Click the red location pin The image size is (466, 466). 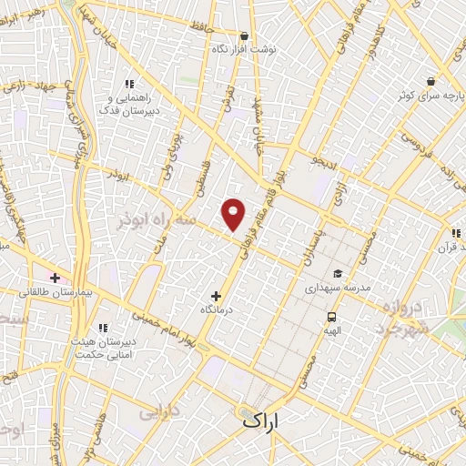coord(234,213)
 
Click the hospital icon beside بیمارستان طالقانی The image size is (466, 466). coord(56,277)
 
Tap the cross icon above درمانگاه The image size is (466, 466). coord(216,295)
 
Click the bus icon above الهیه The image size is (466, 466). coord(332,317)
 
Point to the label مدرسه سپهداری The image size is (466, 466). coord(338,287)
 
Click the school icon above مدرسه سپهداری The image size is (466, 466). coord(338,273)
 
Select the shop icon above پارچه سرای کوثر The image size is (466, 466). coord(430,80)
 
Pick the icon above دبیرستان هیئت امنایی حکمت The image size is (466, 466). coord(103,327)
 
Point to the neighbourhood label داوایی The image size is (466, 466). coord(166,412)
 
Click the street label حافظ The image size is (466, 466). coord(202,28)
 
